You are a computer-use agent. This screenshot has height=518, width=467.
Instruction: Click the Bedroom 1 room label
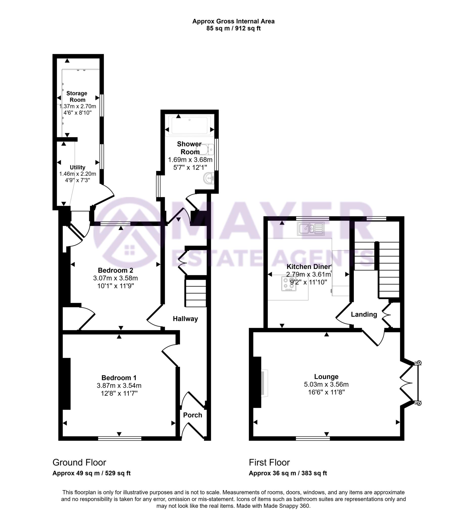[119, 378]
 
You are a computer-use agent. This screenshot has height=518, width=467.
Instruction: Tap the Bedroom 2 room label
[116, 270]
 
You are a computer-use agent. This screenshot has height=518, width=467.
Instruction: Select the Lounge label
[326, 377]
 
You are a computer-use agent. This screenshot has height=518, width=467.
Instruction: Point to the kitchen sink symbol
[311, 229]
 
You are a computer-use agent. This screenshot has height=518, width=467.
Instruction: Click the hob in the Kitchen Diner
[289, 283]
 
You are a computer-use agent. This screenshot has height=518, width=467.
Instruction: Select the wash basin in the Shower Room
[209, 178]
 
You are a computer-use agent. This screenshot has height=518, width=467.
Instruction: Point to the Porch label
[192, 415]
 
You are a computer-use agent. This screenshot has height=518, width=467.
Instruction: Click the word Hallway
[185, 319]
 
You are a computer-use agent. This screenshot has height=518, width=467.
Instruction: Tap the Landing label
[364, 314]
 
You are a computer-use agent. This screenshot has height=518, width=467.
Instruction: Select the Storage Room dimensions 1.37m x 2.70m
[77, 106]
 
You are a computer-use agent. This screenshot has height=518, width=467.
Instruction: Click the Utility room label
[77, 167]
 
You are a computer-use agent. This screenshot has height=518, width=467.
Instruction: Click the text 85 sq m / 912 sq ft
[233, 29]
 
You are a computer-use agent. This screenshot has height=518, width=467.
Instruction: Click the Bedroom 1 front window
[120, 438]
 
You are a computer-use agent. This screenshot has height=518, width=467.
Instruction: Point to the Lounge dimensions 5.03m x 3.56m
[326, 384]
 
